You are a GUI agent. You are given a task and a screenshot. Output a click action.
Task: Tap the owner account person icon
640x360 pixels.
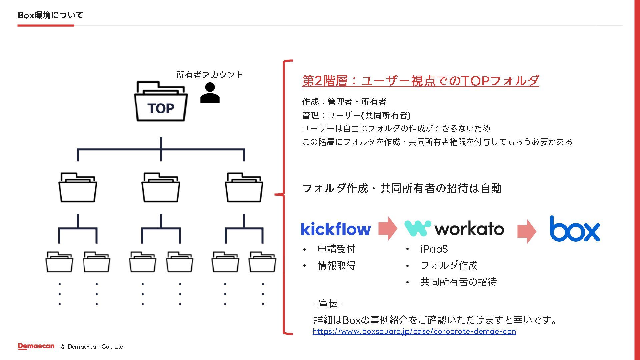210,93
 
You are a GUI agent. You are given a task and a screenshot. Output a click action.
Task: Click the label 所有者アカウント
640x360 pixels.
209,75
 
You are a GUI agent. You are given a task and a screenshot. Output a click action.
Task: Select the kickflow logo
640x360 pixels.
336,229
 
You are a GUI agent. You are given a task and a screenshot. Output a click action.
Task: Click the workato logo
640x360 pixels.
454,229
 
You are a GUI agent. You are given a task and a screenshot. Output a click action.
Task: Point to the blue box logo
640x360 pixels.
574,229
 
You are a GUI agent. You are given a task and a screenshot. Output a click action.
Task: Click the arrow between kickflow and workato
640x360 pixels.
388,229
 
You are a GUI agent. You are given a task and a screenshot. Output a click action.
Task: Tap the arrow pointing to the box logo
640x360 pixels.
527,231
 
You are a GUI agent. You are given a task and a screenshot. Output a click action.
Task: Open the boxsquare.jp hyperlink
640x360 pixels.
414,331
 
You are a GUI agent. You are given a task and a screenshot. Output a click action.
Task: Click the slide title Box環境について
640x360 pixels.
50,15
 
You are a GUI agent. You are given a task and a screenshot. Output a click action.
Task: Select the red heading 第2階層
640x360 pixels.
420,81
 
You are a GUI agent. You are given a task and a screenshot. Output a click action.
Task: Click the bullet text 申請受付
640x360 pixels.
336,249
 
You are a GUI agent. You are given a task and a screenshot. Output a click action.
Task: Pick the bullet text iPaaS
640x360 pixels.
434,249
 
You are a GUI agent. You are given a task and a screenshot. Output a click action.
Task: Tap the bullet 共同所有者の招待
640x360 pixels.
458,282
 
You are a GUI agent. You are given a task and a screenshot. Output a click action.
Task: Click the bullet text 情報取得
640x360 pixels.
336,266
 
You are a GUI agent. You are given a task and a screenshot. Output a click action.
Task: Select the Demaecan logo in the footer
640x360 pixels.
36,346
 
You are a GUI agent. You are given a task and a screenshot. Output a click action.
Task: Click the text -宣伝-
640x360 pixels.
328,303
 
